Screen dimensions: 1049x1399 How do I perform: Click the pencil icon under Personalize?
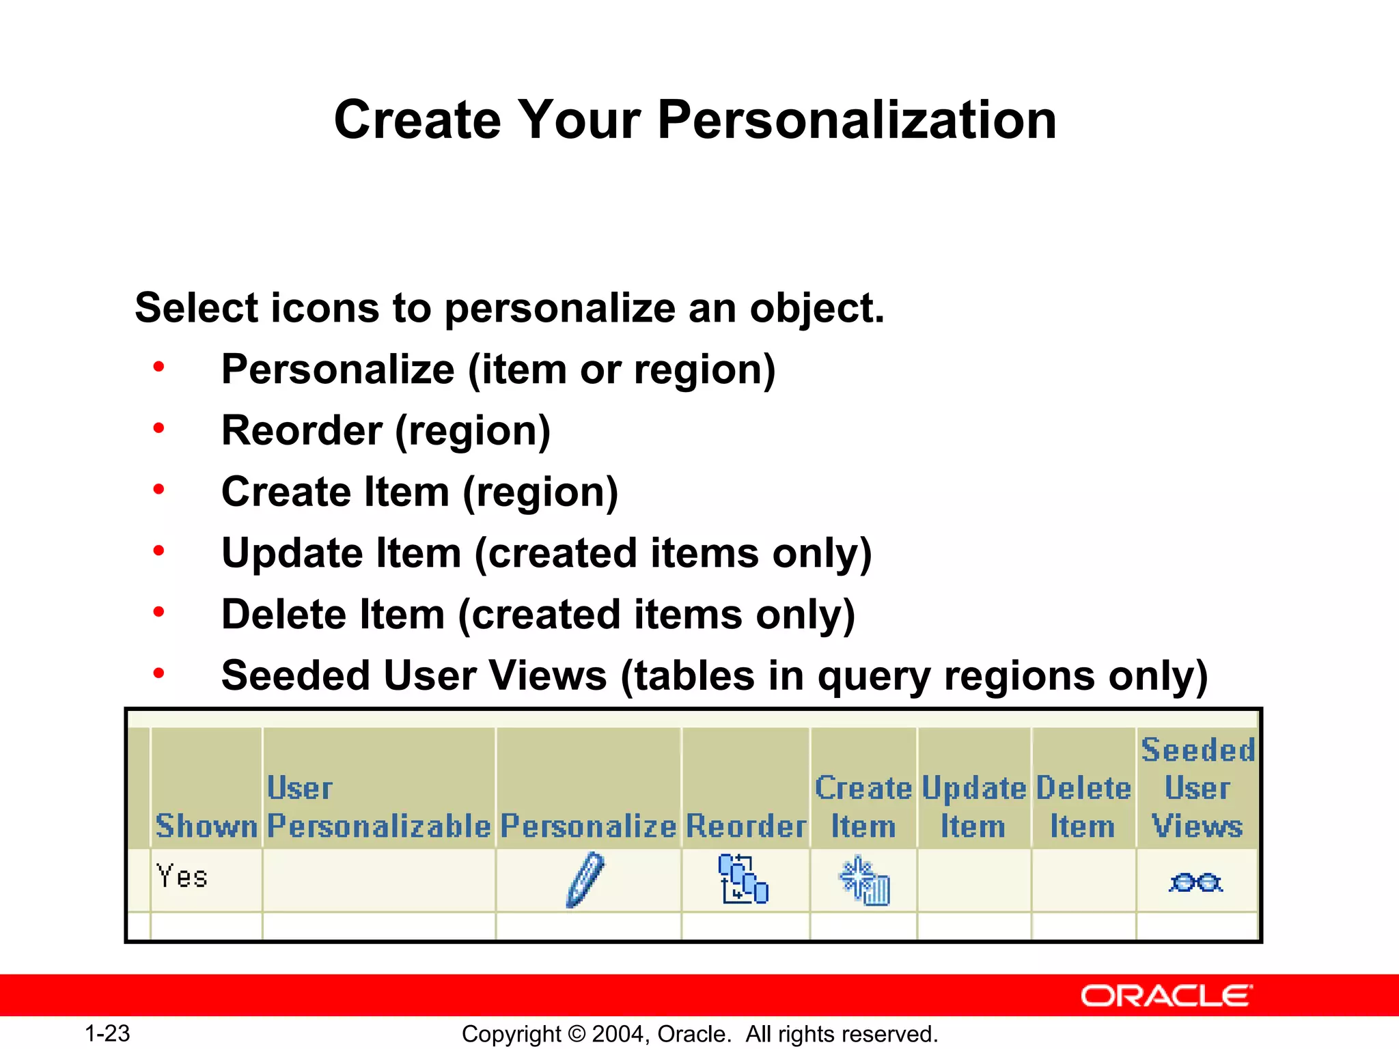(586, 880)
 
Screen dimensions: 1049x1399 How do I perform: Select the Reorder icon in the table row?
(743, 880)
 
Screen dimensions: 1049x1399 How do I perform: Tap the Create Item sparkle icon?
(865, 881)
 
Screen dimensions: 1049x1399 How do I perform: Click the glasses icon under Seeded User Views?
(1195, 882)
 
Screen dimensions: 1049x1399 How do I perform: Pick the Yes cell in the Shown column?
(182, 876)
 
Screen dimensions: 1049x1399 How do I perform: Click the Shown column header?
(206, 826)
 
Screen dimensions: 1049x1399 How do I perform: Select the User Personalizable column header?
(378, 807)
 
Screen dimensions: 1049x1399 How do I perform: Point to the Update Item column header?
(973, 807)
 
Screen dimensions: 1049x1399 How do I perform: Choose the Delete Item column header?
(1083, 807)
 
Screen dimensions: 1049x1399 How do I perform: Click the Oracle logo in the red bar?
(1167, 996)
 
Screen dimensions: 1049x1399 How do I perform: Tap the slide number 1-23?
(107, 1033)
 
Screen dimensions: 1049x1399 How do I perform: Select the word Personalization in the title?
(857, 120)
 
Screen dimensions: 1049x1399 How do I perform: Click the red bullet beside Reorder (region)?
(158, 429)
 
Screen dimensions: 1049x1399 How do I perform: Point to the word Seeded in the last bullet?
(295, 675)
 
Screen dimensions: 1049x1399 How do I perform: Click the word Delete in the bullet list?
(284, 614)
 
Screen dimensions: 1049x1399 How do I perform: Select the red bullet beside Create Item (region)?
(158, 490)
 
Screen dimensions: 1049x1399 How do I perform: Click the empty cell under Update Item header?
(974, 880)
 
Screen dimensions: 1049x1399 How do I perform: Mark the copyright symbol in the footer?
(577, 1034)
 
